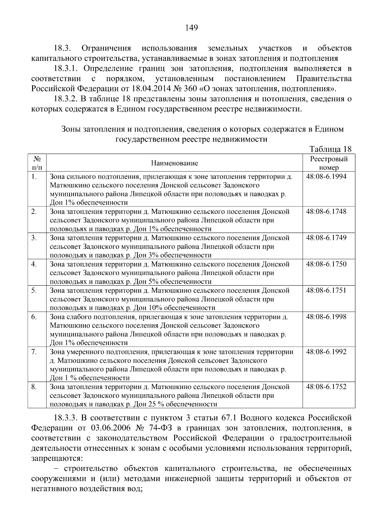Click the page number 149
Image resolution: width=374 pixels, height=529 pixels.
tap(191, 28)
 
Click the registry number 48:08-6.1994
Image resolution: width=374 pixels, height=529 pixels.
tap(326, 176)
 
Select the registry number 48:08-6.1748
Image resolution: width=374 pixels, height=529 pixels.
tap(326, 211)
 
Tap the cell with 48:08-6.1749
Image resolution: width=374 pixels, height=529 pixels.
tap(326, 238)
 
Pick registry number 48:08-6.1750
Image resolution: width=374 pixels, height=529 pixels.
tap(326, 264)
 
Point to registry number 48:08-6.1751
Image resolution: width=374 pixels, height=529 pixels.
tap(326, 290)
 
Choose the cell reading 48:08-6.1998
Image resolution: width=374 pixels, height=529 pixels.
tap(326, 317)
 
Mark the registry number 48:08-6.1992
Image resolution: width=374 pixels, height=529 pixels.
tap(326, 352)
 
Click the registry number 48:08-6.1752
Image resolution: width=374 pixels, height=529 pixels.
tap(326, 387)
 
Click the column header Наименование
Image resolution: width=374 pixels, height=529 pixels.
tap(175, 163)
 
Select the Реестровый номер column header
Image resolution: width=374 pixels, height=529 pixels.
tap(329, 163)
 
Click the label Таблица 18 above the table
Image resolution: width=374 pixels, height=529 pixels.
tap(330, 149)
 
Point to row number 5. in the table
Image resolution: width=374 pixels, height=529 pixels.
tap(34, 291)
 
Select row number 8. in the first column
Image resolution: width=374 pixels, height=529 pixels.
tap(34, 387)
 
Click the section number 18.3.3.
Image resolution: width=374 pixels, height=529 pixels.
tap(65, 417)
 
